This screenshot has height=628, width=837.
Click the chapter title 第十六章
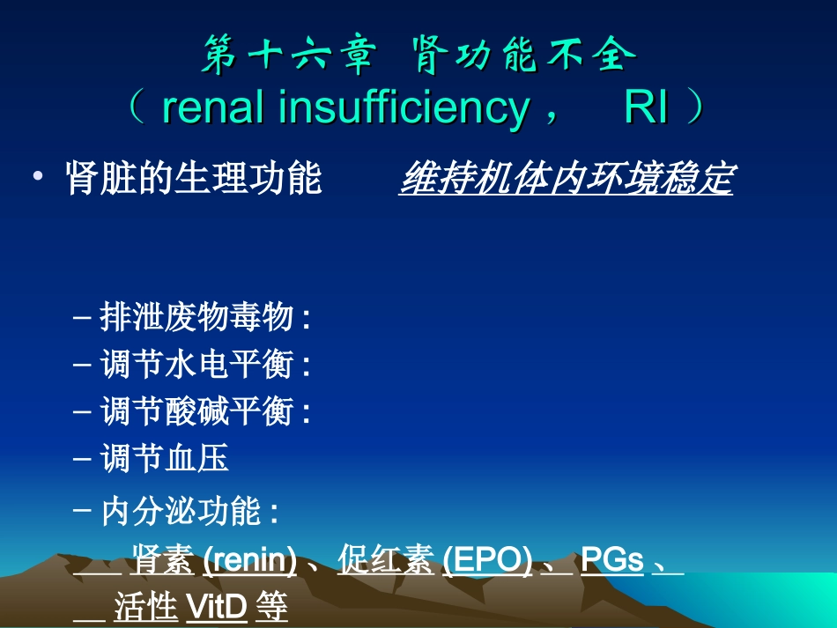point(287,57)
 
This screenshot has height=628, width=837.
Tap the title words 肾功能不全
point(523,57)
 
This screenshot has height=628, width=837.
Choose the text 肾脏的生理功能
point(194,180)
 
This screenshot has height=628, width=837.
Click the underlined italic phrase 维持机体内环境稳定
point(565,180)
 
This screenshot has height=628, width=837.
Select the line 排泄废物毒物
point(204,317)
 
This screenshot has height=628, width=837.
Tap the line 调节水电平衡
point(204,364)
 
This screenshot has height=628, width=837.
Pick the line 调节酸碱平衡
point(204,410)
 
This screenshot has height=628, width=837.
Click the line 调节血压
point(165,457)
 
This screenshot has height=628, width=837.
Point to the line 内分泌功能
point(189,511)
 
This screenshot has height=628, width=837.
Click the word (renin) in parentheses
point(249,561)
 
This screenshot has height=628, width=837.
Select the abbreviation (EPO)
point(487,561)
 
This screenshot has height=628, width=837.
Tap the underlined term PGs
point(612,561)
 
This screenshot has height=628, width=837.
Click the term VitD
point(217,607)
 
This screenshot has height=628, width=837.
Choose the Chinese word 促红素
point(385,561)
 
